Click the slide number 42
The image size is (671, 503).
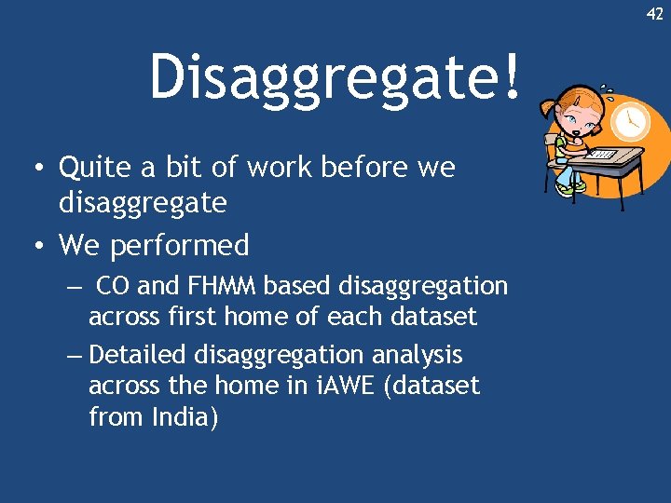[x=655, y=14]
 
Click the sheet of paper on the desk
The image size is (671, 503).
[x=603, y=154]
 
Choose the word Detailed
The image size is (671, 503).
[x=140, y=355]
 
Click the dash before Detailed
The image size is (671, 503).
[x=75, y=355]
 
